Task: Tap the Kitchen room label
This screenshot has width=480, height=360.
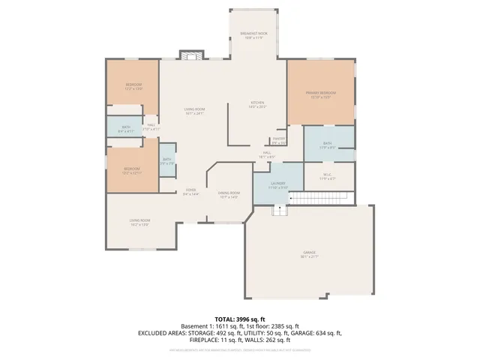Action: (x=258, y=104)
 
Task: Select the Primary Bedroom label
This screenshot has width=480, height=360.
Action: (x=320, y=94)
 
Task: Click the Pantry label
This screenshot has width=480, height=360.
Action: (x=278, y=140)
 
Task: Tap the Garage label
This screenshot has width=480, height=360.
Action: (x=310, y=254)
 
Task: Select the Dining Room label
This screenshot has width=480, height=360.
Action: (x=228, y=195)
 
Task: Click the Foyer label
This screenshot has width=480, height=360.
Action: (x=191, y=192)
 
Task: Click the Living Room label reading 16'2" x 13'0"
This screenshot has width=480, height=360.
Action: (x=140, y=222)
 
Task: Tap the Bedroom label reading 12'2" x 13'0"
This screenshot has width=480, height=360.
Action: (x=133, y=86)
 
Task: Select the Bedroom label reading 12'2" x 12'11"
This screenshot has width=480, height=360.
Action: (x=132, y=171)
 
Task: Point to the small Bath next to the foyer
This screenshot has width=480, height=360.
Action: (x=166, y=160)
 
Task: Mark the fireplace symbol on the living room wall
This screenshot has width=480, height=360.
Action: (x=192, y=55)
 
